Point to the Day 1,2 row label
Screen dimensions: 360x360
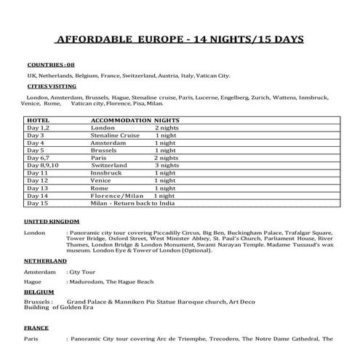click(37, 127)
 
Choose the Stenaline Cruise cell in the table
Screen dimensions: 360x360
click(115, 135)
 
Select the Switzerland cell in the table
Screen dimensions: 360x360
click(110, 165)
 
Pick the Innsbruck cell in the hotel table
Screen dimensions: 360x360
click(106, 173)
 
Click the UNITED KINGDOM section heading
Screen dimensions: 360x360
click(51, 220)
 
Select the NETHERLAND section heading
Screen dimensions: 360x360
click(45, 259)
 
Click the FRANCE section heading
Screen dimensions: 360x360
click(36, 328)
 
